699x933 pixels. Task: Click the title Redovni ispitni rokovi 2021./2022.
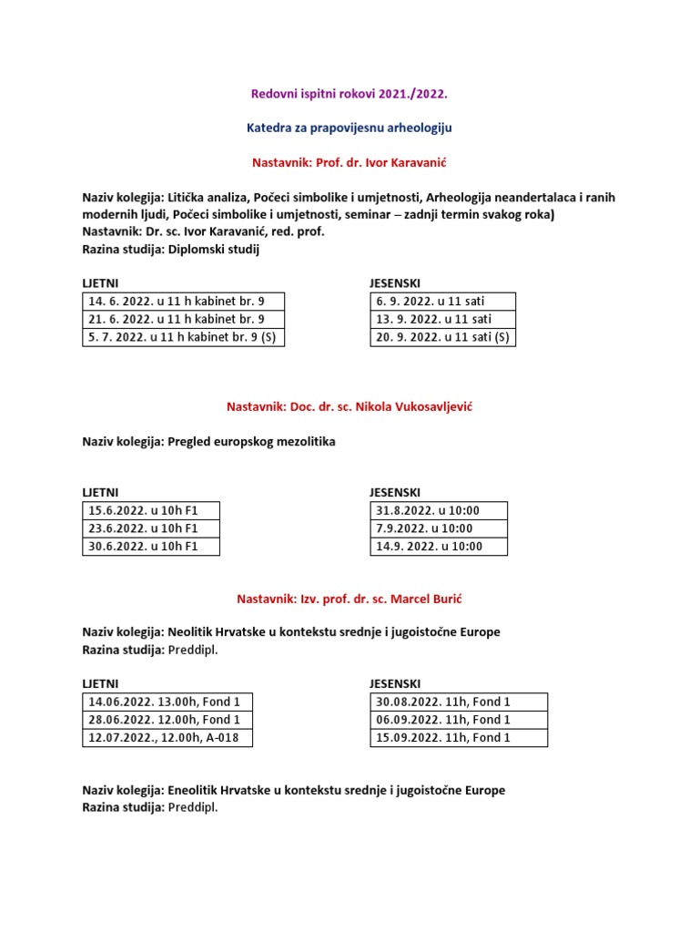(349, 93)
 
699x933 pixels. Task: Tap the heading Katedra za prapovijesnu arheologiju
(349, 128)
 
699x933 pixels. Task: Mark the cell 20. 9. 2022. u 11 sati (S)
(443, 337)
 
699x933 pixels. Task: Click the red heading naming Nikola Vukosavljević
(349, 406)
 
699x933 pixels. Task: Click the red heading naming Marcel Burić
(349, 598)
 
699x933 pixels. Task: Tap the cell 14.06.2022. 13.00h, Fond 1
(165, 702)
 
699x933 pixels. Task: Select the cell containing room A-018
(165, 737)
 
